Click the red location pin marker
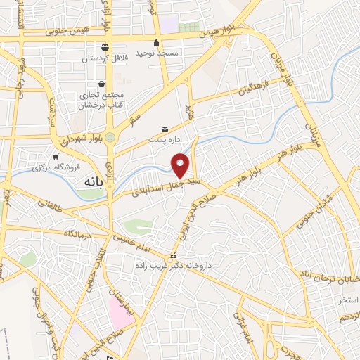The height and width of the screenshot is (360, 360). (x=181, y=165)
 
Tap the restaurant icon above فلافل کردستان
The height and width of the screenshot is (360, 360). (x=105, y=48)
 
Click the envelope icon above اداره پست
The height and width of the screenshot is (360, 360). (x=165, y=129)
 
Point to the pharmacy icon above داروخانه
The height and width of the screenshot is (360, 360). (x=174, y=255)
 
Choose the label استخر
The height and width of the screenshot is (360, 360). (x=348, y=300)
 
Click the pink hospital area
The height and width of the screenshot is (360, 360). (x=120, y=310)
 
